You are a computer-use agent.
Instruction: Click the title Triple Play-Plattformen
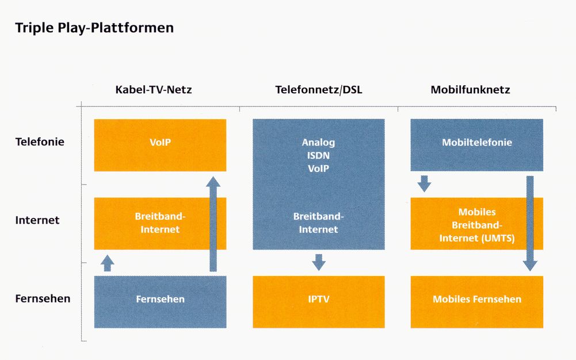point(94,28)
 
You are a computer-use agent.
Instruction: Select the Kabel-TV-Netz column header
point(154,90)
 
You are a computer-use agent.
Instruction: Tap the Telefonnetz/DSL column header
point(318,90)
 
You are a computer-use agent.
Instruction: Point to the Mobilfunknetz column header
point(470,90)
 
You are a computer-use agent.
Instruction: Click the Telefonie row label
point(40,141)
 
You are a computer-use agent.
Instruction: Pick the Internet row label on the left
point(37,220)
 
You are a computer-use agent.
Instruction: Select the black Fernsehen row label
point(43,298)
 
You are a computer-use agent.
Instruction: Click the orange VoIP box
point(160,145)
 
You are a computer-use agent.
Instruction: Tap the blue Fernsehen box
point(160,302)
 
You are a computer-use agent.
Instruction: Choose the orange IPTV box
point(318,302)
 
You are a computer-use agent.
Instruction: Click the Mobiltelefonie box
point(476,144)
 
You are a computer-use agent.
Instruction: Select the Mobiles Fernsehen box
point(476,302)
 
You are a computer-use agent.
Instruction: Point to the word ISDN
point(318,156)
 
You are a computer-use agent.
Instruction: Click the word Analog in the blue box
point(318,143)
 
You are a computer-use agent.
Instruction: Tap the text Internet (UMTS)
point(477,238)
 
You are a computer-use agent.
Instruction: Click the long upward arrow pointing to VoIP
point(213,224)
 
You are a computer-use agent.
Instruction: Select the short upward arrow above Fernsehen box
point(107,263)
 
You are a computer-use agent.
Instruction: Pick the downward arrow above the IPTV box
point(318,262)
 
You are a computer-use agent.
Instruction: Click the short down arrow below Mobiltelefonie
point(424,183)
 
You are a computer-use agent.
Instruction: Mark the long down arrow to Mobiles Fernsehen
point(530,224)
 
